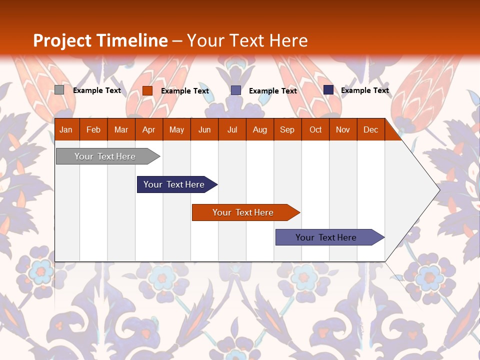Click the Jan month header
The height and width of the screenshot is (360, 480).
66,130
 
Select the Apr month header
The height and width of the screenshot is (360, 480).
148,130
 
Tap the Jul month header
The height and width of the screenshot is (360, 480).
232,130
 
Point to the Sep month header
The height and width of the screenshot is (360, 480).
287,130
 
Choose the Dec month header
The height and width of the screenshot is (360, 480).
370,130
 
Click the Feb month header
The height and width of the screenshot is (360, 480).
93,130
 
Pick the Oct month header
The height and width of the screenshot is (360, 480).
315,130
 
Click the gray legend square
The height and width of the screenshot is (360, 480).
59,90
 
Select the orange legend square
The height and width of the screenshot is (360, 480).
147,90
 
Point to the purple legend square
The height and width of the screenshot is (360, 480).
236,90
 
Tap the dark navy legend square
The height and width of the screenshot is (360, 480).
328,90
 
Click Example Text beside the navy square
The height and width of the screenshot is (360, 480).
365,90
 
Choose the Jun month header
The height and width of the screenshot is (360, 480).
204,130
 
